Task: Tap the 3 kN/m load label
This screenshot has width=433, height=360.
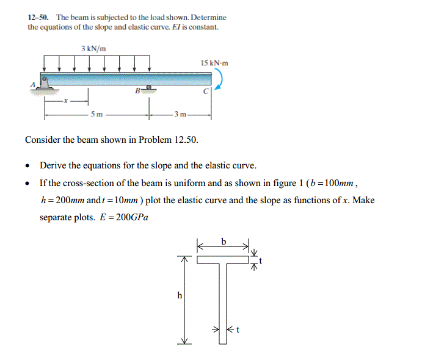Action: (x=91, y=48)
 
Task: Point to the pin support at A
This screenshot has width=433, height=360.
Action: (x=45, y=85)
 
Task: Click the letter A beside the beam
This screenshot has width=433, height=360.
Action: (x=34, y=85)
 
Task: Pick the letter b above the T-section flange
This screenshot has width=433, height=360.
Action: (x=224, y=242)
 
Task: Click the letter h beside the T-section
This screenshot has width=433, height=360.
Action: (x=179, y=295)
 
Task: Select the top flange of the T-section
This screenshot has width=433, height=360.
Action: (x=224, y=260)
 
